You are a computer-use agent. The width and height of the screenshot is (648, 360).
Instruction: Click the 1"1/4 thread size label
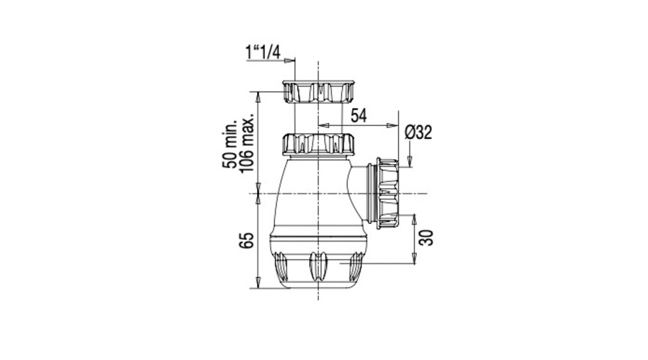tap(263, 53)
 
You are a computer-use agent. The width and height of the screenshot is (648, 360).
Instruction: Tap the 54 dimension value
tap(359, 116)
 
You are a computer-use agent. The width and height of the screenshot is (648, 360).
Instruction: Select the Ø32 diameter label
tap(418, 132)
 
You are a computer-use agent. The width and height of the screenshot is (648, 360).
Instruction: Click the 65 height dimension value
tap(246, 240)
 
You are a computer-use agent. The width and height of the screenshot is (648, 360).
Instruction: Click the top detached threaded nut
tap(319, 91)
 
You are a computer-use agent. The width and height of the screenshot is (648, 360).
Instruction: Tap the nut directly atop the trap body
tap(319, 144)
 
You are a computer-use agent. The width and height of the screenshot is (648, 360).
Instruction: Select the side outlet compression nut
tap(387, 193)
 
